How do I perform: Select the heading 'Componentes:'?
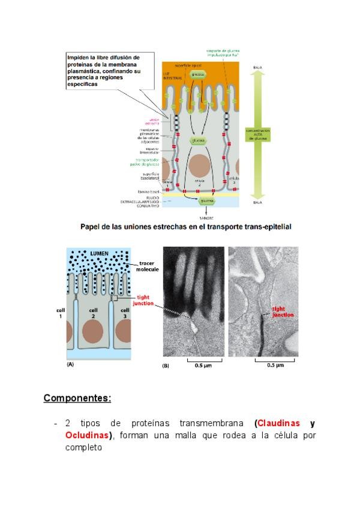[77, 399]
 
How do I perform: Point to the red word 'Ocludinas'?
[89, 435]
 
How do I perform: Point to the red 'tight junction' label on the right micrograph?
[283, 312]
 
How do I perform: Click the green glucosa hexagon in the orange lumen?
[198, 74]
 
